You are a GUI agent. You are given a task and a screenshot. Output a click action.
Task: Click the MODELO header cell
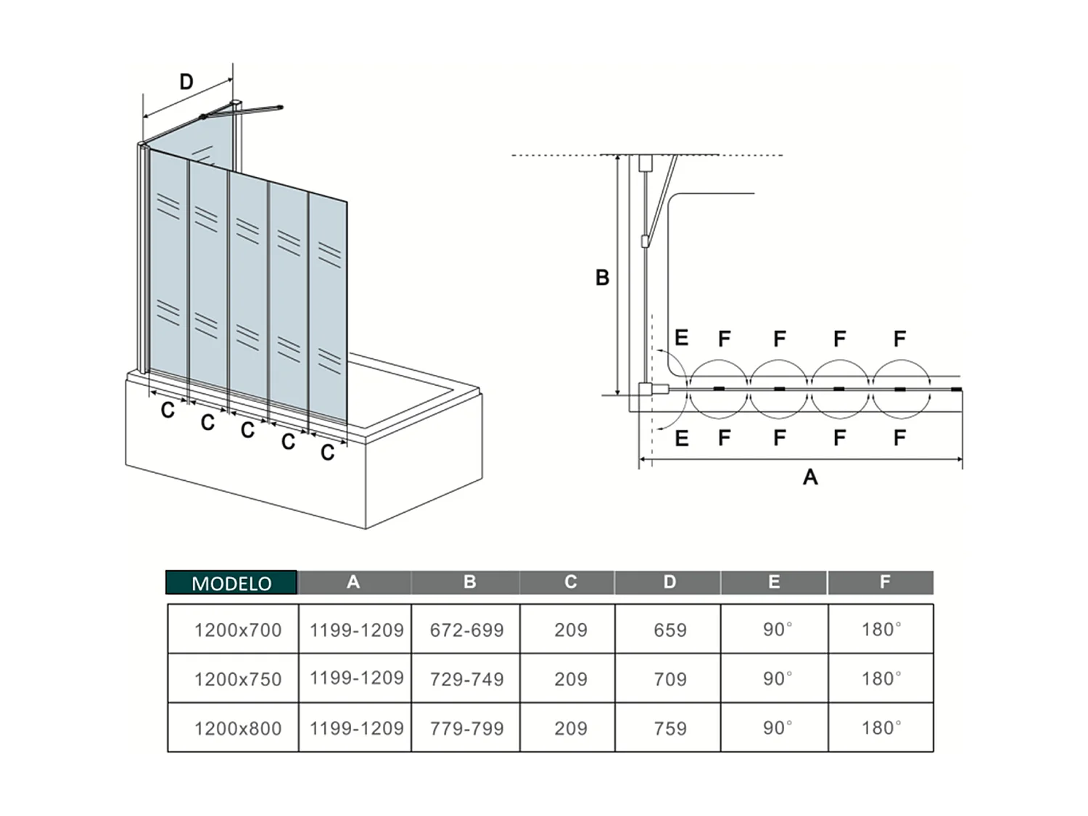(x=231, y=582)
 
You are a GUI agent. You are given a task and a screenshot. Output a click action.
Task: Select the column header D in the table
(x=669, y=582)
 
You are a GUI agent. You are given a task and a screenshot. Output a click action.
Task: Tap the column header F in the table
(x=884, y=582)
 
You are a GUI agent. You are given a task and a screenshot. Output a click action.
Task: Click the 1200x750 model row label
(x=238, y=679)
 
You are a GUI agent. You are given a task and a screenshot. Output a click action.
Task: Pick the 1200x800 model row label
(x=238, y=728)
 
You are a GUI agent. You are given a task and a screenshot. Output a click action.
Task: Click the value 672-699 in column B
(x=466, y=630)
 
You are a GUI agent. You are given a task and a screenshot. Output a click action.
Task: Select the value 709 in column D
(x=669, y=679)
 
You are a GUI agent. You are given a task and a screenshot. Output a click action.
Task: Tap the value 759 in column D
(x=669, y=728)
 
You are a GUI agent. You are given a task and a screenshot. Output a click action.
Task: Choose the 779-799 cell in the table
(x=466, y=728)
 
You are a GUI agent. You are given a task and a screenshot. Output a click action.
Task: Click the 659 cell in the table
(x=669, y=630)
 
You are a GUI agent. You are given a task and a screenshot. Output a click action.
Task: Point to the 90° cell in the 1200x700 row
(x=777, y=630)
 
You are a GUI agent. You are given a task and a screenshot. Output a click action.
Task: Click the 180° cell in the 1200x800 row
(x=881, y=728)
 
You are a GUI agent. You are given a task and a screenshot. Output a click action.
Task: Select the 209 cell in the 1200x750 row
(x=571, y=679)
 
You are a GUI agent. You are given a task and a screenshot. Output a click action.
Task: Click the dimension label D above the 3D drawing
(x=186, y=82)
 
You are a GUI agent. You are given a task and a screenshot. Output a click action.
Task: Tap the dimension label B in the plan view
(x=602, y=278)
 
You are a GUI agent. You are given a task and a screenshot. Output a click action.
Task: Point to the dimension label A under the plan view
(x=810, y=477)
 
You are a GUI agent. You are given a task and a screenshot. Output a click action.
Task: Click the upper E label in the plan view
(x=681, y=338)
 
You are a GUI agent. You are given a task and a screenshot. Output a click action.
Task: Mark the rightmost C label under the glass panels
(x=328, y=453)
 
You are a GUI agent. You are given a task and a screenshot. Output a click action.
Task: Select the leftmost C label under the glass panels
(x=168, y=411)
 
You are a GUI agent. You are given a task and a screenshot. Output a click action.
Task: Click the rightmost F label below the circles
(x=899, y=438)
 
